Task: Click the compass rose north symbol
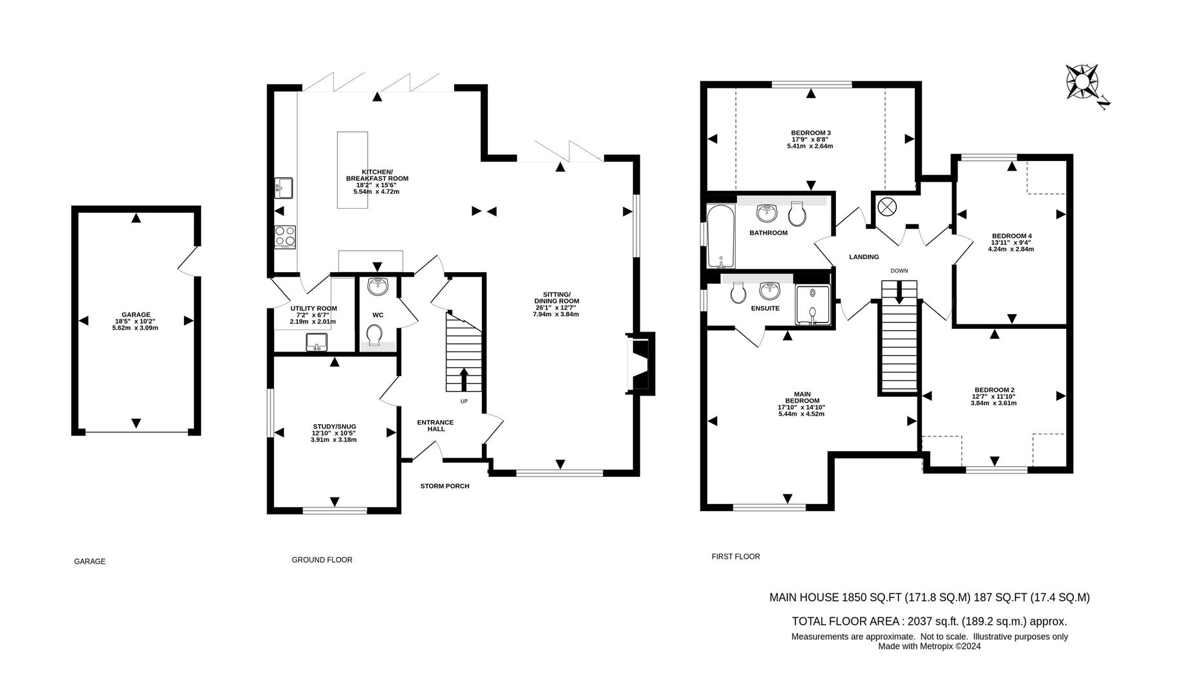(x=1083, y=83)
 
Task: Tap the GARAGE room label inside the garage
(x=135, y=315)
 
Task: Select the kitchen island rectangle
(x=353, y=170)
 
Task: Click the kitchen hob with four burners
(x=285, y=237)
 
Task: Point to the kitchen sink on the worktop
(x=284, y=187)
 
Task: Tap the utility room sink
(x=317, y=341)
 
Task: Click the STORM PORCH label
(x=444, y=486)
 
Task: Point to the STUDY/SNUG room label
(x=334, y=427)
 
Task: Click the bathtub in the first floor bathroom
(x=721, y=236)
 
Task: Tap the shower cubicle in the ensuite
(x=812, y=305)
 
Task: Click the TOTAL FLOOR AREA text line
(x=929, y=621)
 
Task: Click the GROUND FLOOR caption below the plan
(x=322, y=560)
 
